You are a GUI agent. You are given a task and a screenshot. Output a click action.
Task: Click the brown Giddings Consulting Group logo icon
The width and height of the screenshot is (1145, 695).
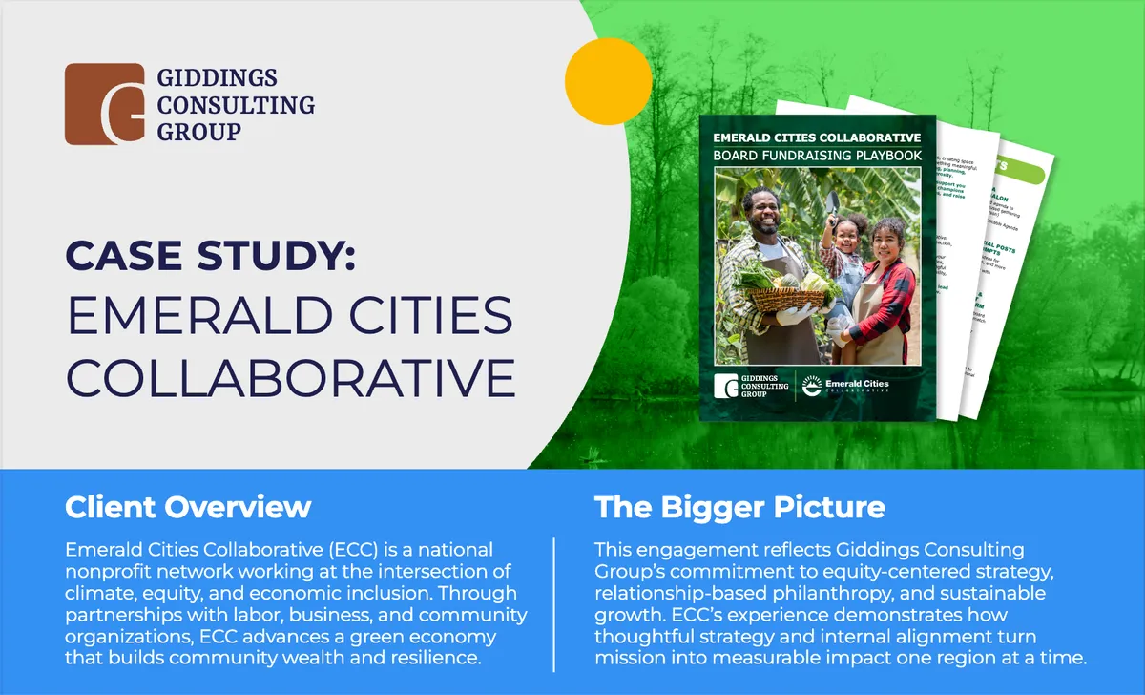coord(104,104)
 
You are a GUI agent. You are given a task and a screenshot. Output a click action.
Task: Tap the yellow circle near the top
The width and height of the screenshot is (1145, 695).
coord(608,82)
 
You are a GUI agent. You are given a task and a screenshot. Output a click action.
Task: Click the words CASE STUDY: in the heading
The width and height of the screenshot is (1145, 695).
coord(210,259)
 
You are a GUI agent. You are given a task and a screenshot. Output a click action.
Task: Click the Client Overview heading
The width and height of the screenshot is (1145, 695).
coord(188,507)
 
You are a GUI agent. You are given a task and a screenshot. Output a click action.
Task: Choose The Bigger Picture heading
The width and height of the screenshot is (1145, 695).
coord(739,507)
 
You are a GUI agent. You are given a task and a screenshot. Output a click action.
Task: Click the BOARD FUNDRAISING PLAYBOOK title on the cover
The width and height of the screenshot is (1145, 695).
coord(818,154)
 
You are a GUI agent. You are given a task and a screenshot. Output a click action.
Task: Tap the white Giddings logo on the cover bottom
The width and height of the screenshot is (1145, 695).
coord(751,386)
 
